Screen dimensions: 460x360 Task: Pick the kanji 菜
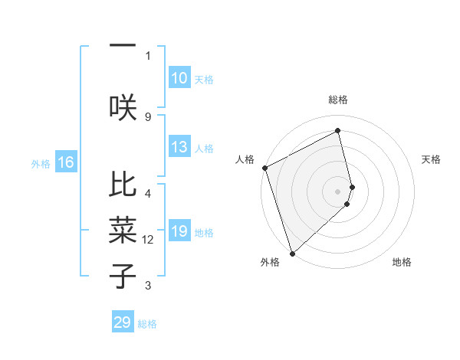pos(123,230)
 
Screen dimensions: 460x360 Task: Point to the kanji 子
pos(123,276)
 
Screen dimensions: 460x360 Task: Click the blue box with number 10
pos(179,78)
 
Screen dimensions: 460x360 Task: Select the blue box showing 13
pos(179,148)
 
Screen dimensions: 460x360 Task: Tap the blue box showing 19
pos(179,232)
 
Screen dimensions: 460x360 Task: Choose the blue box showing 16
pos(66,162)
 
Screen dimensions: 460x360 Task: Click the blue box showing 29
pos(123,322)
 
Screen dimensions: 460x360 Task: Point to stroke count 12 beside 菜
pos(149,240)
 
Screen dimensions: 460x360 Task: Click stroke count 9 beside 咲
pos(148,116)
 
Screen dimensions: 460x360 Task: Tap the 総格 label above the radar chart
pos(338,100)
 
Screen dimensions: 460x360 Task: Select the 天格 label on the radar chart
pos(432,159)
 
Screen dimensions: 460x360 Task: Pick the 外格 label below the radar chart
pos(270,262)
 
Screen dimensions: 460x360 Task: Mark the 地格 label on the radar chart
pos(402,262)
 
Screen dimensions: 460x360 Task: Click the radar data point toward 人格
pos(264,168)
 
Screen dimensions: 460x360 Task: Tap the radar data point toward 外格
pos(291,253)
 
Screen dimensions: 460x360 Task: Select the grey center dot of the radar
pos(338,191)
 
